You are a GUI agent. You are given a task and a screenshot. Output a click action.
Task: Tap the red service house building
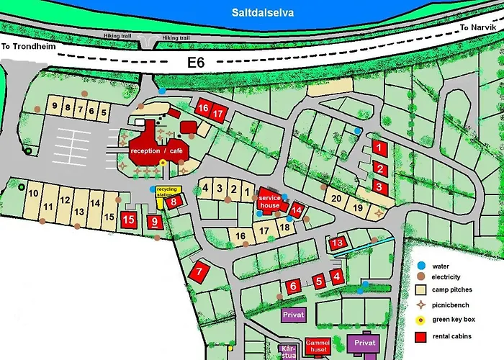click(x=269, y=201)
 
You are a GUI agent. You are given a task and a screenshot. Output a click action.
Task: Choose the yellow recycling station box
click(x=166, y=192)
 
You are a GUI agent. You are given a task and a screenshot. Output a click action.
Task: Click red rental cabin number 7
click(x=199, y=271)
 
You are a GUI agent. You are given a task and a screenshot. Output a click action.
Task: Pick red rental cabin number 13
click(x=338, y=243)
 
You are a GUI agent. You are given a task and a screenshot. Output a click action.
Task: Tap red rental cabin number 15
click(x=129, y=220)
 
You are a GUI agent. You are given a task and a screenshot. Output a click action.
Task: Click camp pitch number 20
click(x=335, y=199)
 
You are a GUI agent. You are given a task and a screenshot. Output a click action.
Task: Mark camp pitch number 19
click(x=358, y=208)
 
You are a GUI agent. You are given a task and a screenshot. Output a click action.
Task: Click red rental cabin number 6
click(x=293, y=287)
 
